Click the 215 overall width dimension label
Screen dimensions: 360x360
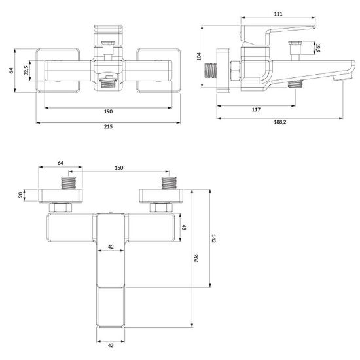(x=108, y=127)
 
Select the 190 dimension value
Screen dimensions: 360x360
(x=108, y=111)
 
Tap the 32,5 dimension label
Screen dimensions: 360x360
(x=26, y=71)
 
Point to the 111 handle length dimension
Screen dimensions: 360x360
(x=278, y=14)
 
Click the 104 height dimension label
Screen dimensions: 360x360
(x=199, y=56)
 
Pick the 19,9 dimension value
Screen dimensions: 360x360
(x=317, y=48)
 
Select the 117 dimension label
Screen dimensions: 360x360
(x=256, y=109)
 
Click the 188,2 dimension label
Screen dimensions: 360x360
(x=280, y=122)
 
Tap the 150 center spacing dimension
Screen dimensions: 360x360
(x=118, y=168)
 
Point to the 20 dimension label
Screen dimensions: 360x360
(x=21, y=195)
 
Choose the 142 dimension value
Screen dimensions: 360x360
(x=213, y=238)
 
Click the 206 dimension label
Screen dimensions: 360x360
(x=196, y=258)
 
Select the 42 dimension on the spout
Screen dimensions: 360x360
(x=111, y=247)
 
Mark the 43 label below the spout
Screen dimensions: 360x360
(x=111, y=346)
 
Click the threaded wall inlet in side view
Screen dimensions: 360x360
(x=211, y=70)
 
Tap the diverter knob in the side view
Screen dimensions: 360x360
(x=295, y=48)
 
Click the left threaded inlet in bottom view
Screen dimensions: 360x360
(x=69, y=183)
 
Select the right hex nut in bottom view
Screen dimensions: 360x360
(x=161, y=207)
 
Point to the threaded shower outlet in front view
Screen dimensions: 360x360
(x=108, y=82)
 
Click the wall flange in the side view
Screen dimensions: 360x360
(x=223, y=71)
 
